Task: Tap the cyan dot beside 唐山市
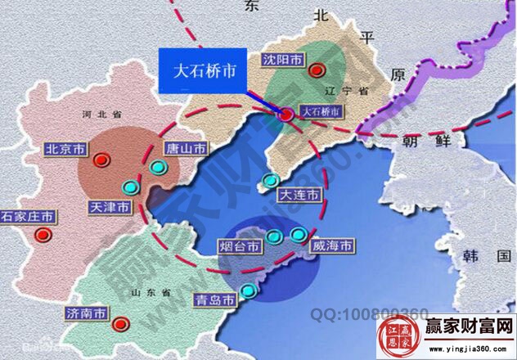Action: click(159, 167)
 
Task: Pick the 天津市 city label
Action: click(110, 208)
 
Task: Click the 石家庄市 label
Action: click(27, 217)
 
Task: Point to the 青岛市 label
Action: click(215, 300)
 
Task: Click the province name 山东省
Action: click(153, 292)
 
